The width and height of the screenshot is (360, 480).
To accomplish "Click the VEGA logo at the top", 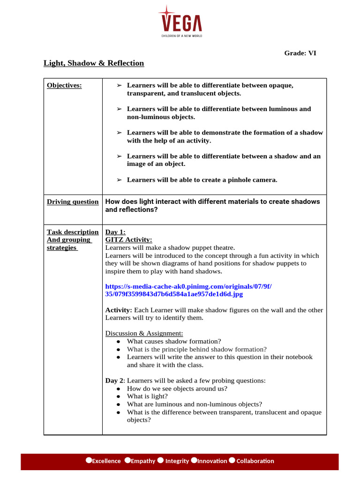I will pos(180,20).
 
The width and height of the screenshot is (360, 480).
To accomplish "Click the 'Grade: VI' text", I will pos(300,53).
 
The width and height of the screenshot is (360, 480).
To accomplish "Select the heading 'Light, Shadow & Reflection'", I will pos(94,63).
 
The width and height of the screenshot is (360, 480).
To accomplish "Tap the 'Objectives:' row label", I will pos(64,85).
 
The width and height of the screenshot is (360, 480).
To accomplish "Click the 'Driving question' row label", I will pos(73,202).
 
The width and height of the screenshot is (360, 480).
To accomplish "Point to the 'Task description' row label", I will pos(73,232).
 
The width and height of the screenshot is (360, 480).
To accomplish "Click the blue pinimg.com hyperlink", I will pos(188,290).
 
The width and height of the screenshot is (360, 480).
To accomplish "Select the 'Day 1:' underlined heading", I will pos(115,232).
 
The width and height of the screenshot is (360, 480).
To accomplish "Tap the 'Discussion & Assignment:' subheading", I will pos(144,333).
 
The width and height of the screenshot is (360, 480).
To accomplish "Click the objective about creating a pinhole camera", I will pos(202,180).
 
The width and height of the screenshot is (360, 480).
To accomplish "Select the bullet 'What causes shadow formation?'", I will pos(174,341).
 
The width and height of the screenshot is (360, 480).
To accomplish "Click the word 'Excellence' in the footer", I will pos(106,461).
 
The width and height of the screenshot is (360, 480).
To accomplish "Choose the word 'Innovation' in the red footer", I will pos(212,461).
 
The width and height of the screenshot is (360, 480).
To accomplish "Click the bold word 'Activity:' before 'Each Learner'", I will pos(120,310).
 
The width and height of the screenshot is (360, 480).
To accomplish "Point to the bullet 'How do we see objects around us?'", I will pos(177,389).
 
